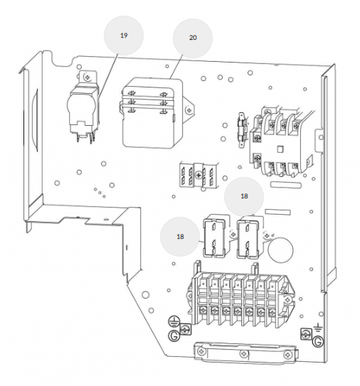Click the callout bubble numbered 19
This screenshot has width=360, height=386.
(x=124, y=36)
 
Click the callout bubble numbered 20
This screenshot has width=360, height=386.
(x=193, y=38)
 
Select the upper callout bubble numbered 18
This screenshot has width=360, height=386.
(x=244, y=196)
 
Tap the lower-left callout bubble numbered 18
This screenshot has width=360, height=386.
(x=180, y=237)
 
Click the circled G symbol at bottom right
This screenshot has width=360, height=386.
(x=318, y=341)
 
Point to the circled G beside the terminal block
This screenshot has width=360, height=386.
(x=174, y=336)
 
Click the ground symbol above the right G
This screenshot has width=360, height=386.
(x=318, y=328)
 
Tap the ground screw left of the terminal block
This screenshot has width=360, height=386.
(x=185, y=328)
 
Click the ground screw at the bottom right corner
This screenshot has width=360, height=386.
(x=306, y=334)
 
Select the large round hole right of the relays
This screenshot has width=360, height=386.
(x=280, y=250)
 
